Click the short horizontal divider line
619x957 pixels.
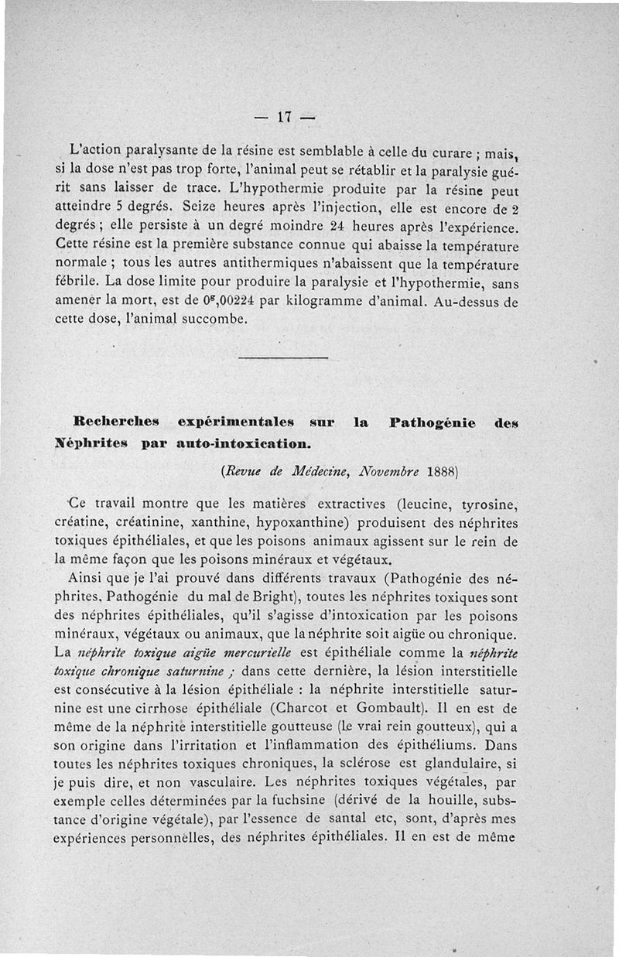[283, 357]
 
